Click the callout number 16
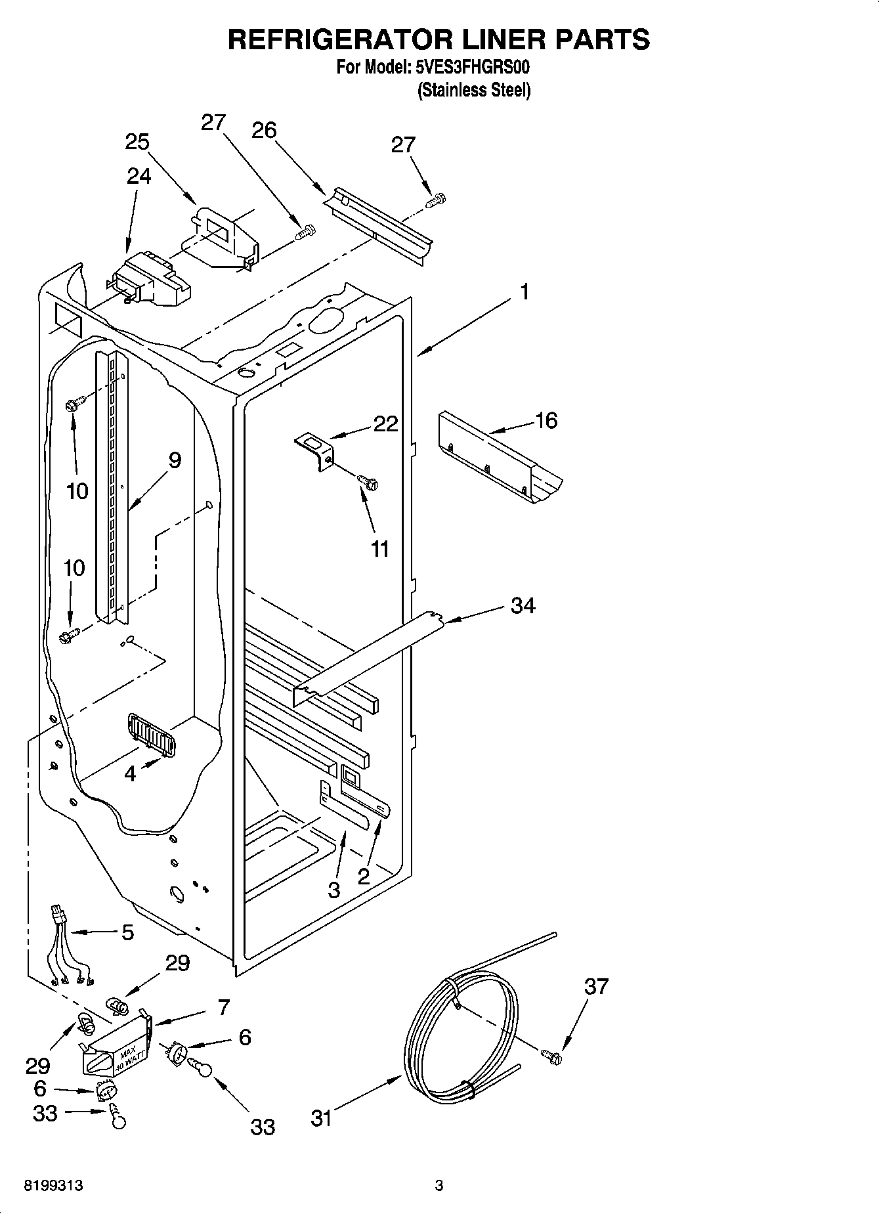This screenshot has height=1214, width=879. pos(546,420)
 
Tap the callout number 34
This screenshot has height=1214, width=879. pos(523,605)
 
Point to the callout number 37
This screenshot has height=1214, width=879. pos(596,986)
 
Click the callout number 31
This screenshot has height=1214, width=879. pos(321,1118)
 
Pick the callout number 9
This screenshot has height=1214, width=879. pos(175,460)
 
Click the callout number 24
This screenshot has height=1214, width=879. pos(139,176)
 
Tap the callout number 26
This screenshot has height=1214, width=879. pos(264,130)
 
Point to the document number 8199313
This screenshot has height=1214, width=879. pos(53,1186)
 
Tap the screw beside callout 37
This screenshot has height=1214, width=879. pos(552,1056)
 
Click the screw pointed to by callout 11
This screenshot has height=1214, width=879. pos(368,483)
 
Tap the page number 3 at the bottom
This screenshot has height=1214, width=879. pos(439,1186)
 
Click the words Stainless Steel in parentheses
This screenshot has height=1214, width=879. pos(473,90)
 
